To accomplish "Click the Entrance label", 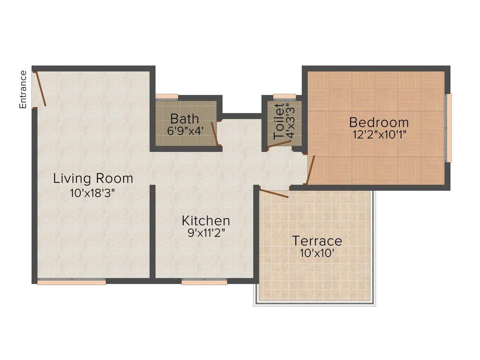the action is click(23, 90).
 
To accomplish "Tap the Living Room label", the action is click(93, 179).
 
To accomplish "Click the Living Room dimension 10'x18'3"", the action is click(92, 194).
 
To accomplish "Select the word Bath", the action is click(185, 119).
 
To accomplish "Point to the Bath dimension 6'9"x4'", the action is click(185, 131).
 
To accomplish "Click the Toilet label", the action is click(279, 122).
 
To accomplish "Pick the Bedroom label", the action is click(379, 122).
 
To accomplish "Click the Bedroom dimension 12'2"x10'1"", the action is click(379, 135).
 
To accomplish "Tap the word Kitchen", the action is click(206, 221).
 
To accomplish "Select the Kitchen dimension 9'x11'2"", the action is click(206, 233).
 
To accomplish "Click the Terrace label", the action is click(317, 241).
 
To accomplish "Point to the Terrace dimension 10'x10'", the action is click(317, 254).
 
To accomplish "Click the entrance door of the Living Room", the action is click(40, 89).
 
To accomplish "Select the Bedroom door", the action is click(310, 170).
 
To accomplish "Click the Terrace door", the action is click(274, 194).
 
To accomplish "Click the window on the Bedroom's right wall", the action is click(448, 127).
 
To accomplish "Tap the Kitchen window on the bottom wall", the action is click(204, 282).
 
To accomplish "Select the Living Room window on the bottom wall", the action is click(72, 282).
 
